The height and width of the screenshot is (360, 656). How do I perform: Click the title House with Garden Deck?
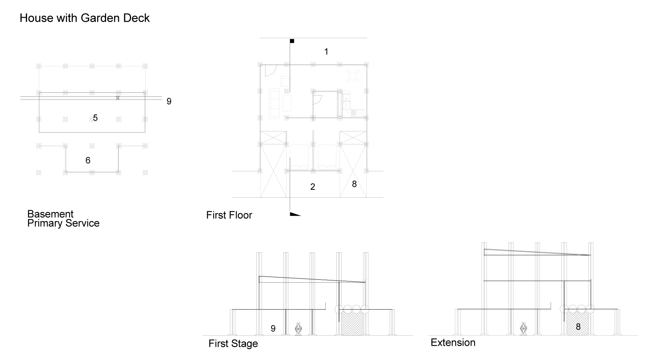click(84, 18)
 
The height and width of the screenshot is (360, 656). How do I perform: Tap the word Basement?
click(50, 214)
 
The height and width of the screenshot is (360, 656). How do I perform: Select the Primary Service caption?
click(63, 223)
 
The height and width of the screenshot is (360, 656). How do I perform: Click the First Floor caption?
click(229, 215)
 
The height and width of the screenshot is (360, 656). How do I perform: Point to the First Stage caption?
click(233, 344)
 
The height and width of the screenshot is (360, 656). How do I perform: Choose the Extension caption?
click(453, 343)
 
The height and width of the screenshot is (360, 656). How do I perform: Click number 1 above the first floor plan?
click(326, 52)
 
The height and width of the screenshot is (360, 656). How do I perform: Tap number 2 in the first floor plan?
click(313, 187)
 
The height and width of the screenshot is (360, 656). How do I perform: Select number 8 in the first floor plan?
click(354, 184)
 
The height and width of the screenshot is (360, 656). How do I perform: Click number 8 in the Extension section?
click(578, 327)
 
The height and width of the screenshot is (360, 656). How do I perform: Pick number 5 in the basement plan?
click(95, 118)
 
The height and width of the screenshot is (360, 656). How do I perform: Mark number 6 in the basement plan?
click(88, 161)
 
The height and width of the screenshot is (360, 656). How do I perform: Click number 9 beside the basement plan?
click(169, 101)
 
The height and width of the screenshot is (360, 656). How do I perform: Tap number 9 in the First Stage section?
click(273, 329)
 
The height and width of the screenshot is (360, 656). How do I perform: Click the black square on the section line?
click(292, 41)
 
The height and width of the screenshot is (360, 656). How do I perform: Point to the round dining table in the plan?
click(353, 76)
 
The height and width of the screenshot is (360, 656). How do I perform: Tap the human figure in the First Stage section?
click(298, 329)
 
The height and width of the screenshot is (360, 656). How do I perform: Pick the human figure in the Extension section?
click(523, 329)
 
